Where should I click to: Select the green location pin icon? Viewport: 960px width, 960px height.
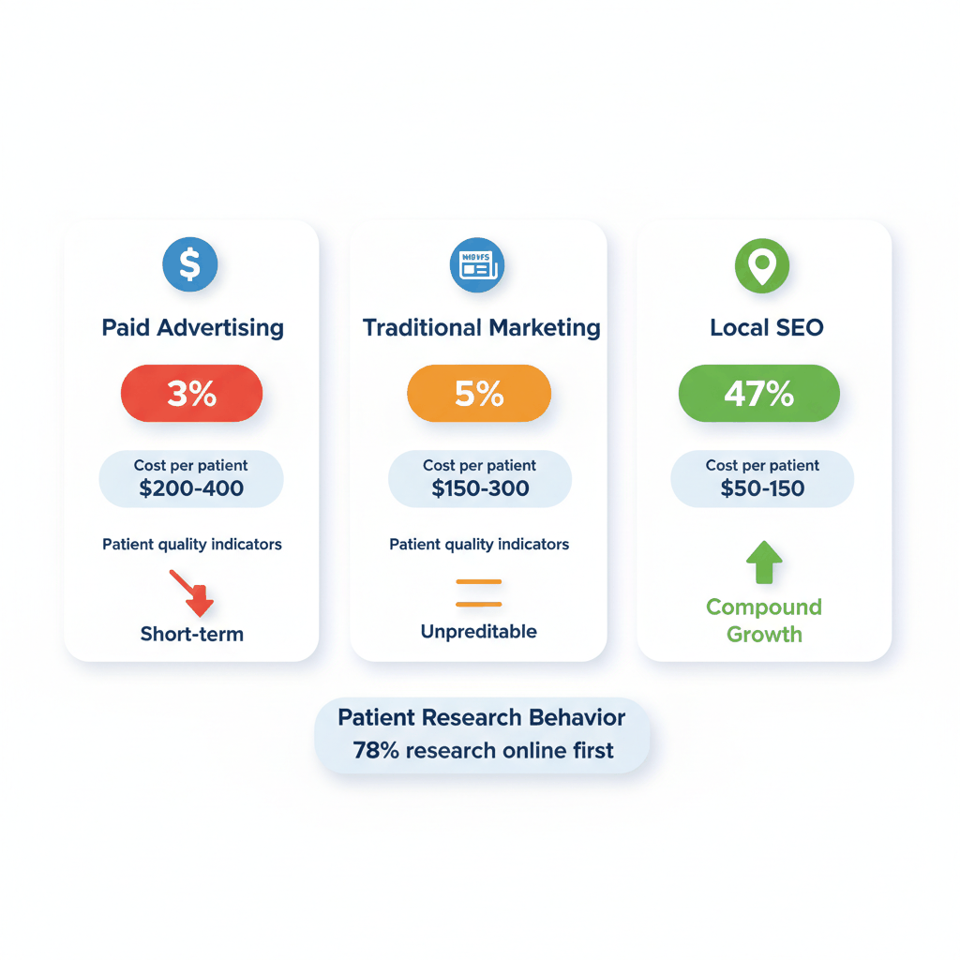tap(761, 265)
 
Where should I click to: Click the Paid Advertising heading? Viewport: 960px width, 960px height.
tap(192, 328)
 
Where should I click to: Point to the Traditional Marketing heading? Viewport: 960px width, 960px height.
tap(481, 328)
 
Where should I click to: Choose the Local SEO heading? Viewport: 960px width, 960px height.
tap(766, 328)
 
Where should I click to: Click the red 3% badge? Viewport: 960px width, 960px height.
tap(191, 394)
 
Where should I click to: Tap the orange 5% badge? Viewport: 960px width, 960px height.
tap(479, 394)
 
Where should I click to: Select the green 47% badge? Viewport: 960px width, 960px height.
tap(758, 394)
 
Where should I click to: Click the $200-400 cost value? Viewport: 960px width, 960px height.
tap(191, 488)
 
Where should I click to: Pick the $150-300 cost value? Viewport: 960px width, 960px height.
tap(480, 488)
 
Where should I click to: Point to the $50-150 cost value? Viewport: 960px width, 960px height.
tap(763, 488)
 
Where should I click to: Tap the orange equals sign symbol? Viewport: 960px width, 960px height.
tap(478, 592)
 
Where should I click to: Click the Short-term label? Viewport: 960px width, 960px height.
tap(192, 634)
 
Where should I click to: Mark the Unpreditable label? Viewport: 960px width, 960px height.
tap(479, 632)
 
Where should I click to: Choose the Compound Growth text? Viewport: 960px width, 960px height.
tap(764, 621)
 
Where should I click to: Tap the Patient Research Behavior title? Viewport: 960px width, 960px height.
tap(481, 718)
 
